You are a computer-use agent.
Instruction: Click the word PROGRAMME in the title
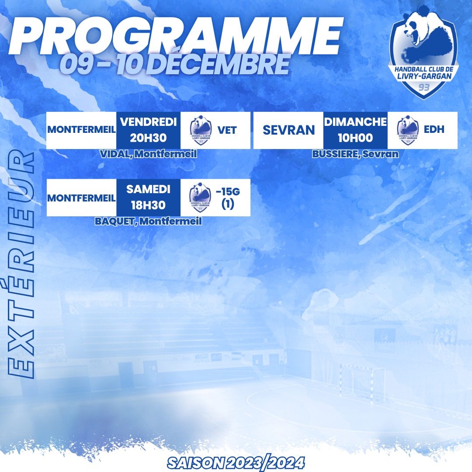tap(176, 36)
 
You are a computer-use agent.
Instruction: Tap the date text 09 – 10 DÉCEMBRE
tap(174, 64)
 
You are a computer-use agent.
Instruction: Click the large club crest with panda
tap(423, 52)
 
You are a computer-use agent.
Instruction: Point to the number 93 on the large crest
tap(424, 87)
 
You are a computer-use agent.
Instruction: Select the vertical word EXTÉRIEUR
tap(21, 264)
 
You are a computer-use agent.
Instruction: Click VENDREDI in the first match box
tap(149, 122)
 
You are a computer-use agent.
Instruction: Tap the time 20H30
tap(148, 138)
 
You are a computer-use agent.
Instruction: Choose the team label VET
tap(227, 130)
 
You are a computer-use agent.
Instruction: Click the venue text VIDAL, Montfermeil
tap(149, 154)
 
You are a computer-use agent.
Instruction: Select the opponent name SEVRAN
tap(289, 130)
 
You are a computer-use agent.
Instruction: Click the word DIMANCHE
tap(355, 122)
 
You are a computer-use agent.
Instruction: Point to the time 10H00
tap(355, 138)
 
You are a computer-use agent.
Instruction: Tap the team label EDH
tap(434, 129)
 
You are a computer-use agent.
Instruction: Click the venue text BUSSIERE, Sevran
tap(355, 154)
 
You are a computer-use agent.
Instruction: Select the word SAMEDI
tap(149, 189)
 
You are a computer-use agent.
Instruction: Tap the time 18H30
tap(148, 205)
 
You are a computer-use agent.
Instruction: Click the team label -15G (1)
tap(228, 198)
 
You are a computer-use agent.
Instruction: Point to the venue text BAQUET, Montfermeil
tap(149, 221)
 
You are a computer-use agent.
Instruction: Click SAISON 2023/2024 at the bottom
tap(236, 463)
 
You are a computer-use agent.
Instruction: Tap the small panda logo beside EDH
tap(408, 130)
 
